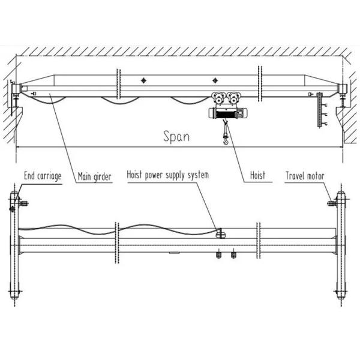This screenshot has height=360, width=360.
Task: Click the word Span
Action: (x=177, y=136)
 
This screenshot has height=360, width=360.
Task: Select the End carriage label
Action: (x=43, y=176)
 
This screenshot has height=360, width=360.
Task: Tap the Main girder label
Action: (x=95, y=176)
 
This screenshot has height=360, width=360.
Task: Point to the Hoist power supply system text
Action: (x=167, y=175)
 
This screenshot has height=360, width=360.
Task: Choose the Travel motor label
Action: (x=305, y=176)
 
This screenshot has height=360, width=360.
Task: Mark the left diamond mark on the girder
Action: (x=143, y=80)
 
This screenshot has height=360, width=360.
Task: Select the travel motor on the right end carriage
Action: (x=332, y=204)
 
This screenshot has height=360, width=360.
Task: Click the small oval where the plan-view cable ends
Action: (x=220, y=232)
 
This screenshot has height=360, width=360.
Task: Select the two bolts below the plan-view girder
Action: (x=226, y=257)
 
